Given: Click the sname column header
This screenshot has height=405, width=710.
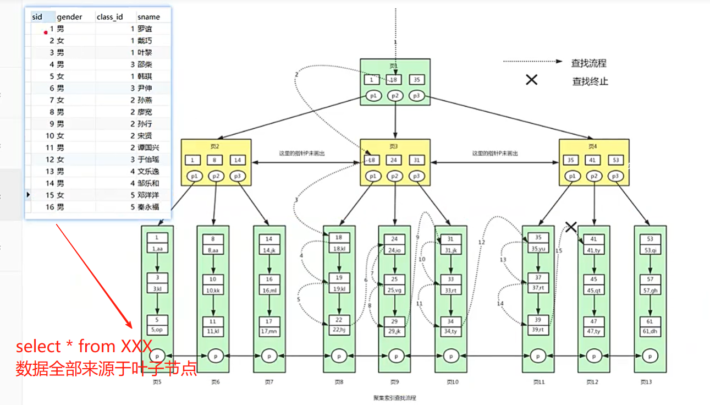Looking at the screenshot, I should point(148,17).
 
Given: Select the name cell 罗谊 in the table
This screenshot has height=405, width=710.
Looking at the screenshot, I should point(145,29).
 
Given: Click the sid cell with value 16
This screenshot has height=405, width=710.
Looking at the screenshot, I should point(50,207).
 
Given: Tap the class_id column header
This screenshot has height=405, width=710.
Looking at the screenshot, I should point(109,17).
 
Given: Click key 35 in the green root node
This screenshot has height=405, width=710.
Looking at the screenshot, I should point(417,80).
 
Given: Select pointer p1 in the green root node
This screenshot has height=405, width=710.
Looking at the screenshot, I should point(373,96).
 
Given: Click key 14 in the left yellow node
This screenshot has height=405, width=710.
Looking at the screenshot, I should point(238,160).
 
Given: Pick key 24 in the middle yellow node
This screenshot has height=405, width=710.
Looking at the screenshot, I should point(394,160).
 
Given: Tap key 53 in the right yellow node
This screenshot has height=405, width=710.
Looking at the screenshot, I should point(615,160).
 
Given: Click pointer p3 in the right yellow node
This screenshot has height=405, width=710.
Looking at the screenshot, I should point(615,176).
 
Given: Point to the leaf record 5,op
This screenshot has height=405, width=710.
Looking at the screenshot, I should point(157,330).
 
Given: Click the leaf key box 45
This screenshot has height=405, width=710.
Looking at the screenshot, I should point(594,279).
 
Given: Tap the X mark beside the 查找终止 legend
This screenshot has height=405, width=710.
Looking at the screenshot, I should point(531,80).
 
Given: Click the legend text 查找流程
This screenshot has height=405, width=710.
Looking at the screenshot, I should point(588,63).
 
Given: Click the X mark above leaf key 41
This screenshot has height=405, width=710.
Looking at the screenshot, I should point(571,226).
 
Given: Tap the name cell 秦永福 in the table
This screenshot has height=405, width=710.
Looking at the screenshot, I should point(148,207).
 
